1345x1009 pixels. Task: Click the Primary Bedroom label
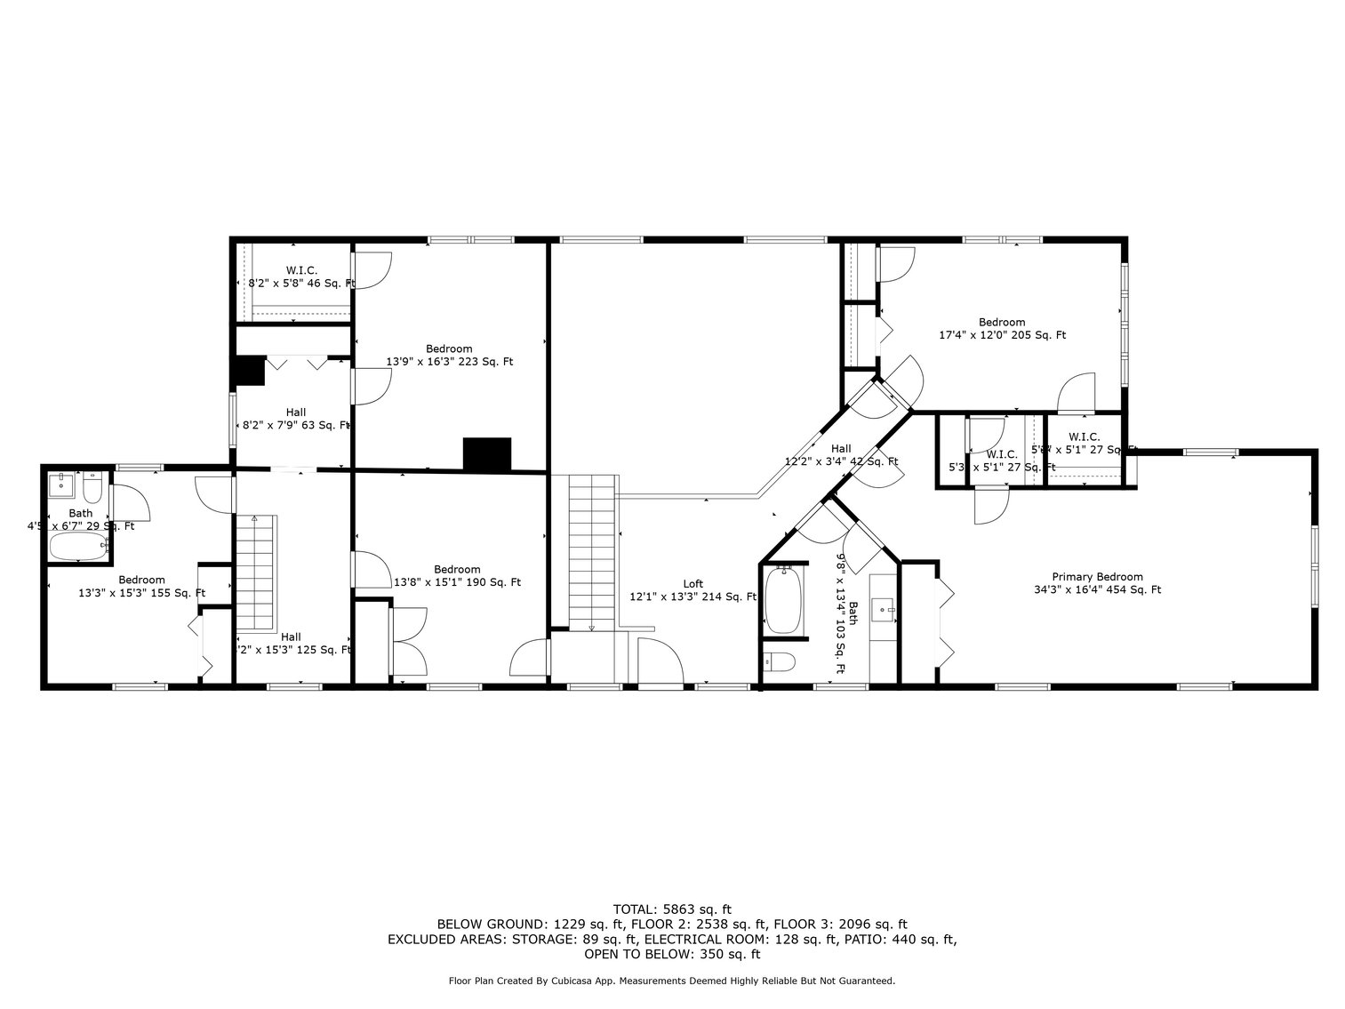[1097, 583]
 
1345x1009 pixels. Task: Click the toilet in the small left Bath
[93, 489]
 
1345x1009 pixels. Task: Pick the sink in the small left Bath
[63, 484]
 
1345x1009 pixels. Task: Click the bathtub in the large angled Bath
[783, 600]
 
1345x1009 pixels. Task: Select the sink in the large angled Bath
[883, 608]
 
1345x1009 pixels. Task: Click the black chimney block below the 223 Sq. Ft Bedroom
[487, 453]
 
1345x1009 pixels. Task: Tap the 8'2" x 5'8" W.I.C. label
[301, 276]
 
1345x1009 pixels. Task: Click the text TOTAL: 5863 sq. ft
[672, 909]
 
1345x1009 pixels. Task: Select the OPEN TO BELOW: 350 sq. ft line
[672, 954]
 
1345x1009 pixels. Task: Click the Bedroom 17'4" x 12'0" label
[1002, 329]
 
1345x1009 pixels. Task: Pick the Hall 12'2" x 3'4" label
[841, 455]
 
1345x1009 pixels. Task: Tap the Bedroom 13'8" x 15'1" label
[457, 576]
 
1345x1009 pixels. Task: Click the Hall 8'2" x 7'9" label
[296, 419]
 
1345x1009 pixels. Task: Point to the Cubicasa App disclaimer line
[672, 981]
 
